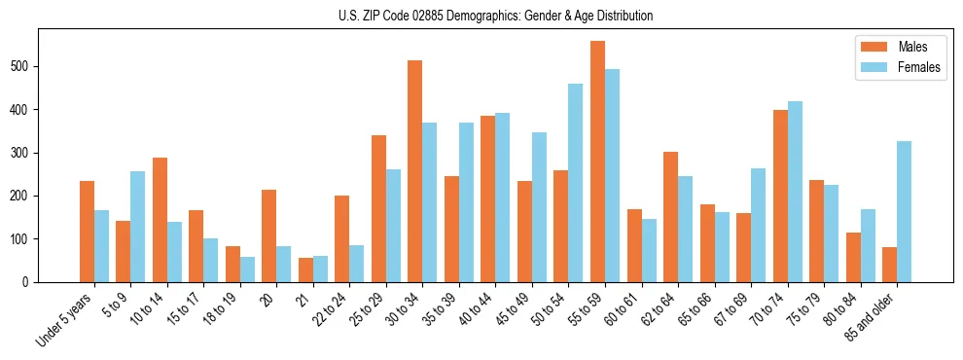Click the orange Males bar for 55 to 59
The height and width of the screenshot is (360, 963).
[x=597, y=162]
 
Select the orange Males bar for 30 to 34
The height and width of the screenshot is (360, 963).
[x=415, y=171]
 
